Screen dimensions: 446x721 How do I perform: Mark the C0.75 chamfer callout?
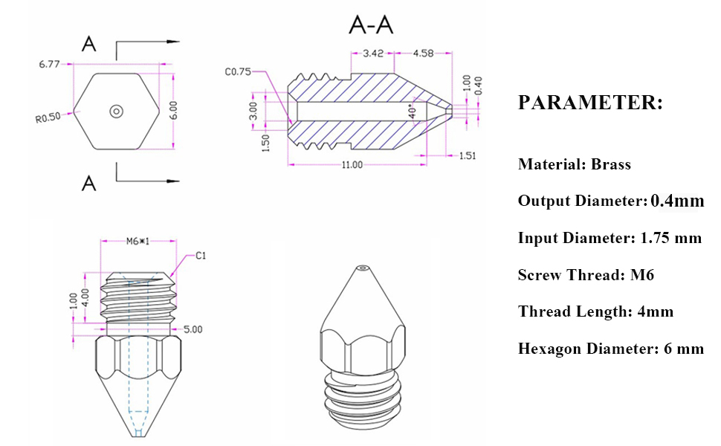coord(238,72)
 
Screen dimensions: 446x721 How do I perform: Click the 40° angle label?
coord(413,109)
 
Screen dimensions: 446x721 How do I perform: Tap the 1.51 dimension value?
coord(468,155)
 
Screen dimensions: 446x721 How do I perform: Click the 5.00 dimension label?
coord(193,328)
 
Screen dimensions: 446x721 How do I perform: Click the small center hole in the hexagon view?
coord(116,111)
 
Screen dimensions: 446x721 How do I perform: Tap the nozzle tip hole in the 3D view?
coord(362,268)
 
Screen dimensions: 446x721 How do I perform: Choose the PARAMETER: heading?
coord(589,103)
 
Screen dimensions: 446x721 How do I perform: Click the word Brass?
coord(611,164)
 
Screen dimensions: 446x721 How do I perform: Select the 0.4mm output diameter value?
coord(677,200)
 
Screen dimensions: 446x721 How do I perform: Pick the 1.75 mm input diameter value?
coord(670,238)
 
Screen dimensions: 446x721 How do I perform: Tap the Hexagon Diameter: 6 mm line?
coord(610,348)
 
